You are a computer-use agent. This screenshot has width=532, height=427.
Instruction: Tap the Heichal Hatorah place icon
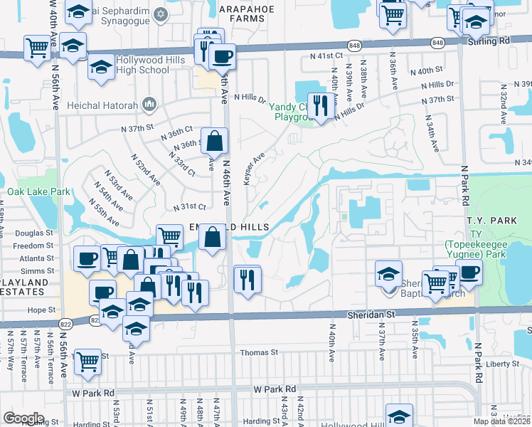[149, 105]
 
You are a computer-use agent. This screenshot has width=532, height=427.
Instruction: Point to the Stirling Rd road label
[490, 42]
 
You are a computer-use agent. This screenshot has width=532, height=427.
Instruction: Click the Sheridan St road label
[370, 313]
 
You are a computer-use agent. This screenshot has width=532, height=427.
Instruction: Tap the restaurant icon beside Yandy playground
[319, 106]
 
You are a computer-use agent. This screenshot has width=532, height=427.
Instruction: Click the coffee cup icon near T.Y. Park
[469, 272]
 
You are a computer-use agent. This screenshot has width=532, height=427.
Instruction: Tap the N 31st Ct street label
[189, 206]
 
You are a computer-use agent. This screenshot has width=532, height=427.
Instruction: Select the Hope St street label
[41, 310]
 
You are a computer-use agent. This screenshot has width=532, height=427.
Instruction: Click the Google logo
[23, 418]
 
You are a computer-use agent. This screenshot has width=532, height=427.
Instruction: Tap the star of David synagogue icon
[161, 14]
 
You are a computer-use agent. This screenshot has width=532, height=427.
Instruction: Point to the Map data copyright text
[502, 421]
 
